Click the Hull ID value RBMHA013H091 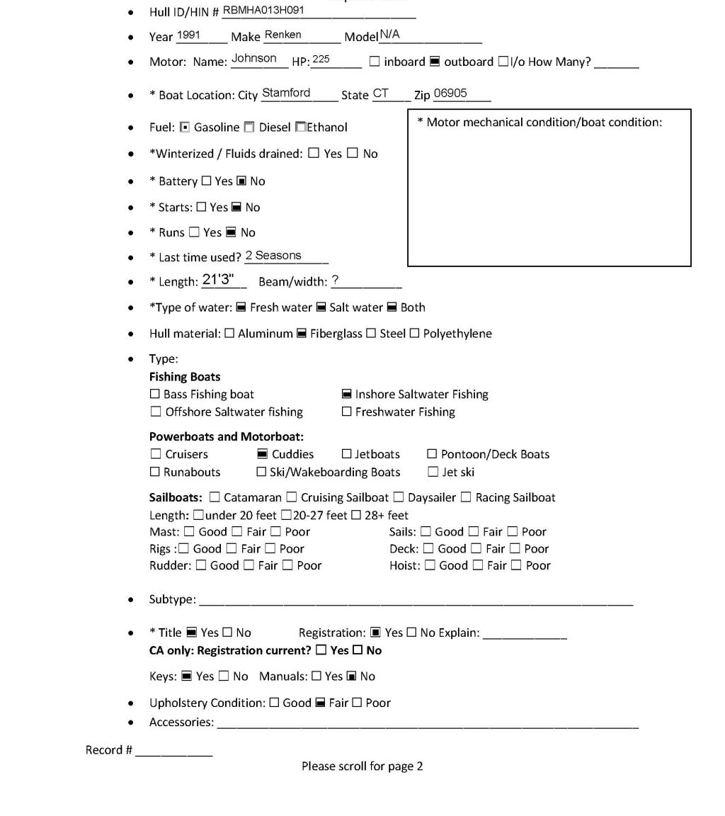point(263,11)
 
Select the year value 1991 point(188,35)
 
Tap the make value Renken point(282,35)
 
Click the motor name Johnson point(254,59)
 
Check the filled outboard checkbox point(435,62)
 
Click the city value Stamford point(286,93)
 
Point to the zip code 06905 point(450,93)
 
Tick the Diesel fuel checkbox point(249,127)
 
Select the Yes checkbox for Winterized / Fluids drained point(314,154)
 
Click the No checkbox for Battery point(241,181)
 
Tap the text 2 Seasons point(273,256)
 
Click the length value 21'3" point(218,279)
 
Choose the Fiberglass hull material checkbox point(301,334)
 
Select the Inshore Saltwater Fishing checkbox point(347,395)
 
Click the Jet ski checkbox point(433,472)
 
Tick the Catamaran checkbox point(215,498)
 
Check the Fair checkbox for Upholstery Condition point(320,703)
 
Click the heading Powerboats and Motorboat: point(226,437)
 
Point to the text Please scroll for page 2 point(362,766)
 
